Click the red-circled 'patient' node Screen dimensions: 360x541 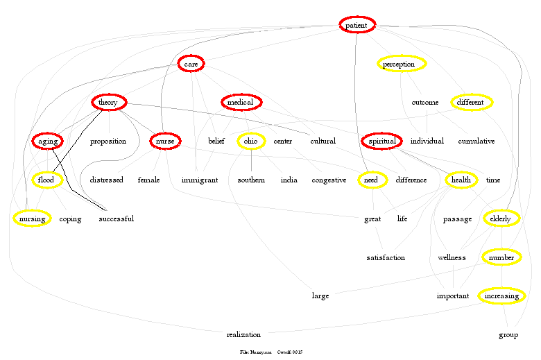(x=357, y=25)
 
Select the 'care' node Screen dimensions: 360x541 (x=191, y=64)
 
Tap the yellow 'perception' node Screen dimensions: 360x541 (x=402, y=64)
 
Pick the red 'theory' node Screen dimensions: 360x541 (x=108, y=103)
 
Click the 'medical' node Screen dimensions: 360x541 (x=241, y=103)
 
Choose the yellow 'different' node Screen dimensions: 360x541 (x=471, y=103)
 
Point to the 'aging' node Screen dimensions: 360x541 (x=48, y=141)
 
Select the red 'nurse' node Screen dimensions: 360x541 (x=165, y=141)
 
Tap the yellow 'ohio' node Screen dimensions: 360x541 (x=250, y=141)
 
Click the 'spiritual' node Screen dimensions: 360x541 (x=381, y=141)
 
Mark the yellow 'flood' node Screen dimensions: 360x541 (x=46, y=180)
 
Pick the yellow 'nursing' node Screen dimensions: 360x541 (x=32, y=218)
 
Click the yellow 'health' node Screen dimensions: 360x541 (x=461, y=180)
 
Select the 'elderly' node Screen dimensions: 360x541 (x=500, y=218)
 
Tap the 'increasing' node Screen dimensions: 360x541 (x=501, y=295)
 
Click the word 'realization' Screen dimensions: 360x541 (x=243, y=334)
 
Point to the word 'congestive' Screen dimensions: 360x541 (x=328, y=180)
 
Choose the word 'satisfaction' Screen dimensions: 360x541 (x=386, y=257)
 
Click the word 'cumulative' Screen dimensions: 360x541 (x=476, y=141)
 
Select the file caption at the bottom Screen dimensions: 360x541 (x=271, y=352)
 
